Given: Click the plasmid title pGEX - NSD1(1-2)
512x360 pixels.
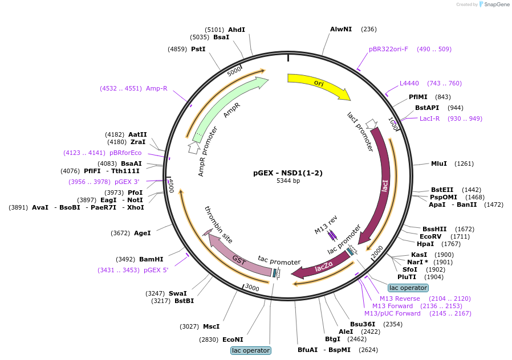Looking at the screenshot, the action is (288, 173).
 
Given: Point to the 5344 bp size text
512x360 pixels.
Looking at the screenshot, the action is (288, 181).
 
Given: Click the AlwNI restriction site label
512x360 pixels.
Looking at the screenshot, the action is (341, 29).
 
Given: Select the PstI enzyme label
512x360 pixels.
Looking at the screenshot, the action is (198, 49).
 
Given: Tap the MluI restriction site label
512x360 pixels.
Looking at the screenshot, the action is (439, 163).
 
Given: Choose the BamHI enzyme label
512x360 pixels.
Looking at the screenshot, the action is (151, 259).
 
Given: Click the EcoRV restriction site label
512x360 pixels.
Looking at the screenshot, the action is (430, 236).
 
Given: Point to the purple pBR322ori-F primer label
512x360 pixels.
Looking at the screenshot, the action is (389, 49).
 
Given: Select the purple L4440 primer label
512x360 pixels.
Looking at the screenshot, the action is (409, 83).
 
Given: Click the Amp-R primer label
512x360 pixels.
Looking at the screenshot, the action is (156, 88).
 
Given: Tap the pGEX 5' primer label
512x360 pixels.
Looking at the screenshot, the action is (156, 270).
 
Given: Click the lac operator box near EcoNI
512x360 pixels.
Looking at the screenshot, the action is (251, 350).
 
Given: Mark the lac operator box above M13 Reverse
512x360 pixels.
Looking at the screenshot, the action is (408, 288).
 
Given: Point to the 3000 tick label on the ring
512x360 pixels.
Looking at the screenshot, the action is (252, 288).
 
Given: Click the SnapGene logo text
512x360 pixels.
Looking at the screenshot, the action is (497, 4).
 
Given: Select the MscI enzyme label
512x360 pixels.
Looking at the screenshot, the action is (212, 326).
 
